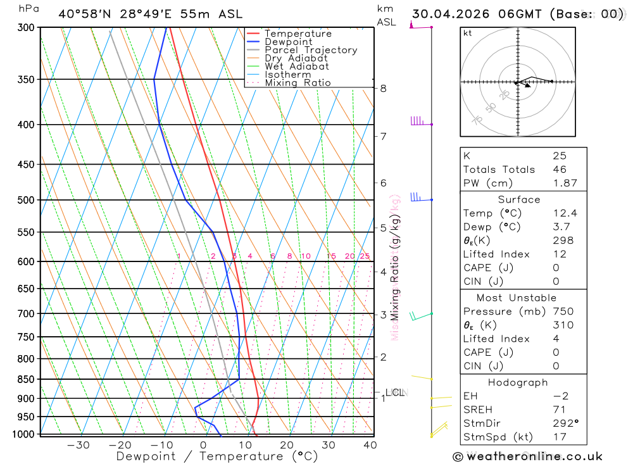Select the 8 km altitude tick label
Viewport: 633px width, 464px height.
(x=383, y=88)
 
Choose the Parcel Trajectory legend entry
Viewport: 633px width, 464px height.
(x=311, y=50)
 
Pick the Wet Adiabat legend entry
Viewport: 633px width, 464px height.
(x=296, y=66)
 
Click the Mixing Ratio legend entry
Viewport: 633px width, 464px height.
(x=298, y=83)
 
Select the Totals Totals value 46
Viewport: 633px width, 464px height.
(x=560, y=170)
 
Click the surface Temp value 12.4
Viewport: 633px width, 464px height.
(x=565, y=213)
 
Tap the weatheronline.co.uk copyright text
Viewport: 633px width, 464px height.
(x=527, y=456)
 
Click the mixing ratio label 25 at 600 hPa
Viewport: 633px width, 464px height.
(x=365, y=256)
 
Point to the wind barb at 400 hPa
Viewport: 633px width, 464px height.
(x=418, y=121)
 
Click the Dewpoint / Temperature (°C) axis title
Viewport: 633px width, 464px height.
(x=217, y=456)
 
